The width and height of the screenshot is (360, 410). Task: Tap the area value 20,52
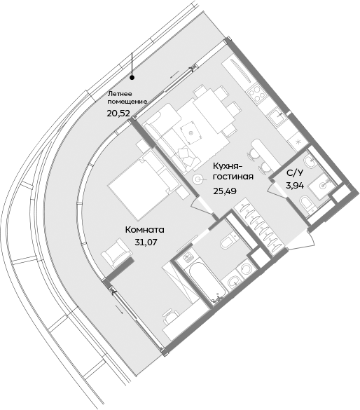tap(118, 112)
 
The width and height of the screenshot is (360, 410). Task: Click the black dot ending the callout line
tap(132, 78)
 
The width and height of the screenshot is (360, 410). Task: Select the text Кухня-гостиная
tap(233, 170)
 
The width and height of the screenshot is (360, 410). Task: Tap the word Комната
tap(144, 229)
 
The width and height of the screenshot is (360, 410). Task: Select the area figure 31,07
tap(144, 242)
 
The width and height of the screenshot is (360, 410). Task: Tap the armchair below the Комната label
tap(116, 254)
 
